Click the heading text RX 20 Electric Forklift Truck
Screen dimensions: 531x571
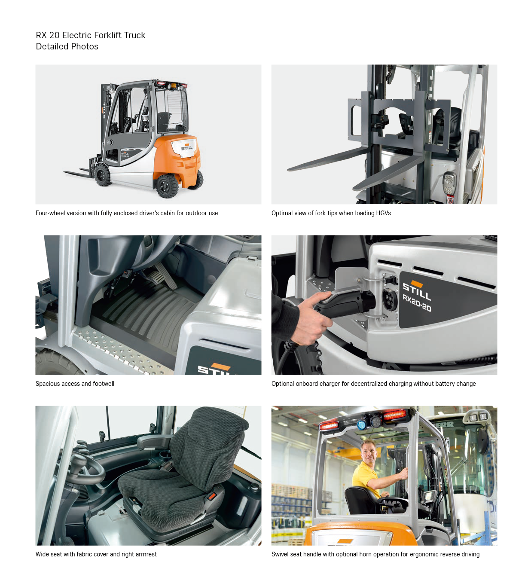[x=91, y=35]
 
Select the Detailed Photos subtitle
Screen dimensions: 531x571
[x=67, y=46]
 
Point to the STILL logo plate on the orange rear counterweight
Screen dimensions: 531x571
[x=184, y=148]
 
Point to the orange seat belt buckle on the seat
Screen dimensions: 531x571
[x=212, y=496]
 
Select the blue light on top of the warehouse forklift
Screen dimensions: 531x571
[x=361, y=424]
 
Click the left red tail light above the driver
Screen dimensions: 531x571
[x=329, y=425]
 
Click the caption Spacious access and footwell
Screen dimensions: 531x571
[x=75, y=384]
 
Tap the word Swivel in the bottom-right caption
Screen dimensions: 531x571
[x=280, y=554]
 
